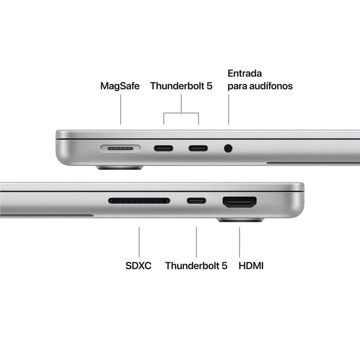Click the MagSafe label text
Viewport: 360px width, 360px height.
click(120, 86)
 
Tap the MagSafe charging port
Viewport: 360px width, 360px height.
click(120, 148)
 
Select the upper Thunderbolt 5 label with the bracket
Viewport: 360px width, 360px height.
click(181, 86)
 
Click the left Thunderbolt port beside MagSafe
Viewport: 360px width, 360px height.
click(163, 148)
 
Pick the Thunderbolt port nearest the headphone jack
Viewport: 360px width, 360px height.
click(198, 148)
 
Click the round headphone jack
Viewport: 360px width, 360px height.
click(228, 148)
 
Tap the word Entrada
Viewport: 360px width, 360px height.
click(245, 73)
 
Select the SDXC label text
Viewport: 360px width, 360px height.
click(138, 266)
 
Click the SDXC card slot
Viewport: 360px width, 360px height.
click(139, 201)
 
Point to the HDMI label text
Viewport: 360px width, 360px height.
click(251, 266)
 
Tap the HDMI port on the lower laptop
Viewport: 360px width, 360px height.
click(240, 202)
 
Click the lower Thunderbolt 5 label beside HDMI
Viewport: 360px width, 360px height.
click(196, 266)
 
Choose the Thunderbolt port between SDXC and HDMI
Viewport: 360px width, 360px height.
click(196, 201)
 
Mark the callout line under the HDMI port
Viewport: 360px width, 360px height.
click(239, 241)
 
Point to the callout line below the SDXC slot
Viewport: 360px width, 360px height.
click(139, 241)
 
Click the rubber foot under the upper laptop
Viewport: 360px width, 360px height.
click(120, 168)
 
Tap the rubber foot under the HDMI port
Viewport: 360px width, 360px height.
click(240, 220)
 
